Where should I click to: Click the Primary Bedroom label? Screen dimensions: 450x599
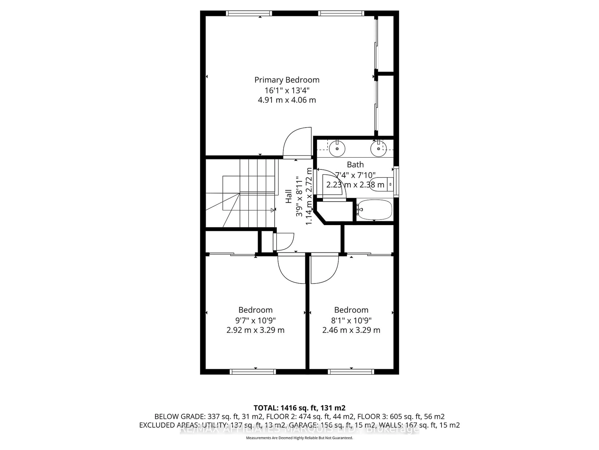click(x=287, y=80)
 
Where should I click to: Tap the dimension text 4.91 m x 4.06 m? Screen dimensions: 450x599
click(x=287, y=100)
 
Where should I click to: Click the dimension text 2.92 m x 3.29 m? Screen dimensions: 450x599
click(x=255, y=330)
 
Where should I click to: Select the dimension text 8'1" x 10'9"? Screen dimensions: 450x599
click(x=351, y=320)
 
